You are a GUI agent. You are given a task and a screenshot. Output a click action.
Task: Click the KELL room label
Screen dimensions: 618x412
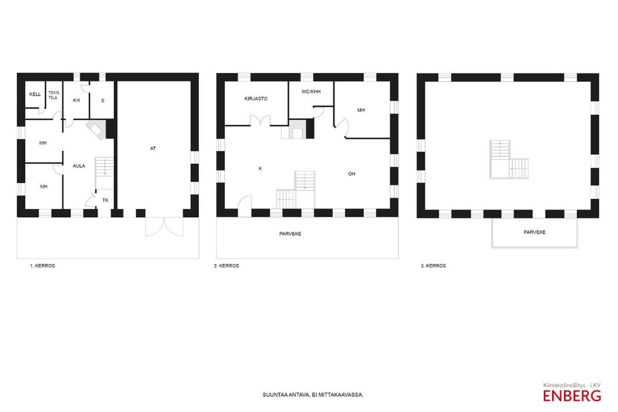(35, 94)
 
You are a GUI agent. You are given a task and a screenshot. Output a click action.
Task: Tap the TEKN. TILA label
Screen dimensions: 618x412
(53, 95)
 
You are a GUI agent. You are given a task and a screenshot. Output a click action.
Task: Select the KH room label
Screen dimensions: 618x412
(77, 100)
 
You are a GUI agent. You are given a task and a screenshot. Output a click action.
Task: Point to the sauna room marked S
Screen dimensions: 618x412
(103, 100)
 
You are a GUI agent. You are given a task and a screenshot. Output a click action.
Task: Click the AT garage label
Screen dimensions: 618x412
(153, 148)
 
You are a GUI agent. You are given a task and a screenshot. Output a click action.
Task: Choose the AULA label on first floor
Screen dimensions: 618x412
(79, 166)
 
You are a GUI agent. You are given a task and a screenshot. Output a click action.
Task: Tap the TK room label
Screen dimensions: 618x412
(106, 200)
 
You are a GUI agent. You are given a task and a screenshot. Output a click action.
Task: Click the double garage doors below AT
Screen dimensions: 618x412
(164, 227)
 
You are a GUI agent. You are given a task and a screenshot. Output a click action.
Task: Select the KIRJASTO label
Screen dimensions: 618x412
(256, 99)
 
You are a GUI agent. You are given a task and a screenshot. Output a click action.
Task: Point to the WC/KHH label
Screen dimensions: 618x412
(311, 92)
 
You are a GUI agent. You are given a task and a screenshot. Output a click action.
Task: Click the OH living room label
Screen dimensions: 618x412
(351, 174)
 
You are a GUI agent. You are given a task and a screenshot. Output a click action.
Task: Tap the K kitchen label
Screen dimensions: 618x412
(260, 169)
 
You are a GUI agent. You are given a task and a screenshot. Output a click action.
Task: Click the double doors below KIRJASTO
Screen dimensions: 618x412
(260, 120)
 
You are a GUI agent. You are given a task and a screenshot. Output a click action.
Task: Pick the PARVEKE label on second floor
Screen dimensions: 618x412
(290, 234)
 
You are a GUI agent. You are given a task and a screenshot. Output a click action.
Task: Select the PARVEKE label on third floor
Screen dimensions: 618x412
(535, 232)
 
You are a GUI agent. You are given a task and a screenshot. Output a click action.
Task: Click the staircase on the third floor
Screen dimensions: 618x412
(509, 159)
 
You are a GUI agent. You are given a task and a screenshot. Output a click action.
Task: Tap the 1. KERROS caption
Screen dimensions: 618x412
(42, 266)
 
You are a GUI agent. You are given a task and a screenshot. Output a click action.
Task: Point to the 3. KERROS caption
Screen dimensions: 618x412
(433, 266)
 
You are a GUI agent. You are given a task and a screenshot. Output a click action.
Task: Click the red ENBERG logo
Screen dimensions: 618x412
(572, 395)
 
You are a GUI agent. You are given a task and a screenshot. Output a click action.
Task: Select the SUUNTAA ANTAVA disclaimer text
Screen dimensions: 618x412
(313, 395)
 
